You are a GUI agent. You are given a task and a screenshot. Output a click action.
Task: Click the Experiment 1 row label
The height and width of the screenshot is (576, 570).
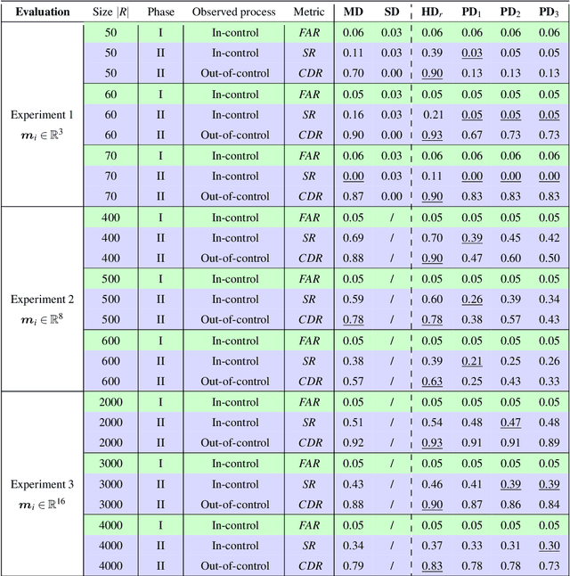pyautogui.click(x=42, y=115)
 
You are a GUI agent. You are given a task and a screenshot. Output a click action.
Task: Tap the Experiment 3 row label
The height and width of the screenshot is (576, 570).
pyautogui.click(x=42, y=484)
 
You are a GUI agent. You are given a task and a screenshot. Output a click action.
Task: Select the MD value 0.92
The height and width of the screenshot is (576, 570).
pyautogui.click(x=354, y=443)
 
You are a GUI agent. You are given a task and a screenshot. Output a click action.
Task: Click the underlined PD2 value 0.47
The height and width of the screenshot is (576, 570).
pyautogui.click(x=510, y=423)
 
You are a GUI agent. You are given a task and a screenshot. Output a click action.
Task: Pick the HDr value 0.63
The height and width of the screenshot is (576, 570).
pyautogui.click(x=433, y=382)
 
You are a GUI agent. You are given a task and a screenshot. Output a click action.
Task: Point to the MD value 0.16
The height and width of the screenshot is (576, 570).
pyautogui.click(x=354, y=115)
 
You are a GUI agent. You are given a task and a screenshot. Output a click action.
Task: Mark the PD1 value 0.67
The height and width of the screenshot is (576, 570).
pyautogui.click(x=472, y=136)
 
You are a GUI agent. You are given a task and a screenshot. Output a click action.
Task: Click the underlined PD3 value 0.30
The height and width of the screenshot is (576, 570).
pyautogui.click(x=550, y=546)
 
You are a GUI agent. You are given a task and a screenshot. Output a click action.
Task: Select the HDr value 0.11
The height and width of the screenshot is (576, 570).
pyautogui.click(x=433, y=177)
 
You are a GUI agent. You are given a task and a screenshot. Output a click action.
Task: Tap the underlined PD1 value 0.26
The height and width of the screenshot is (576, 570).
pyautogui.click(x=472, y=300)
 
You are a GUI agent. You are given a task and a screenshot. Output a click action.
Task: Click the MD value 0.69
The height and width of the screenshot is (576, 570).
pyautogui.click(x=354, y=238)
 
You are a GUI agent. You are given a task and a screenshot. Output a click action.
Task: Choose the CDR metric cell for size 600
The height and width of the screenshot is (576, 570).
pyautogui.click(x=310, y=382)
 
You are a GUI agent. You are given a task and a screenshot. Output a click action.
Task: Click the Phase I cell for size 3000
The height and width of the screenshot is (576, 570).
pyautogui.click(x=160, y=464)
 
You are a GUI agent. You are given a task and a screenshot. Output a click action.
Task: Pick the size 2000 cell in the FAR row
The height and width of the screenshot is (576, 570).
pyautogui.click(x=111, y=402)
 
